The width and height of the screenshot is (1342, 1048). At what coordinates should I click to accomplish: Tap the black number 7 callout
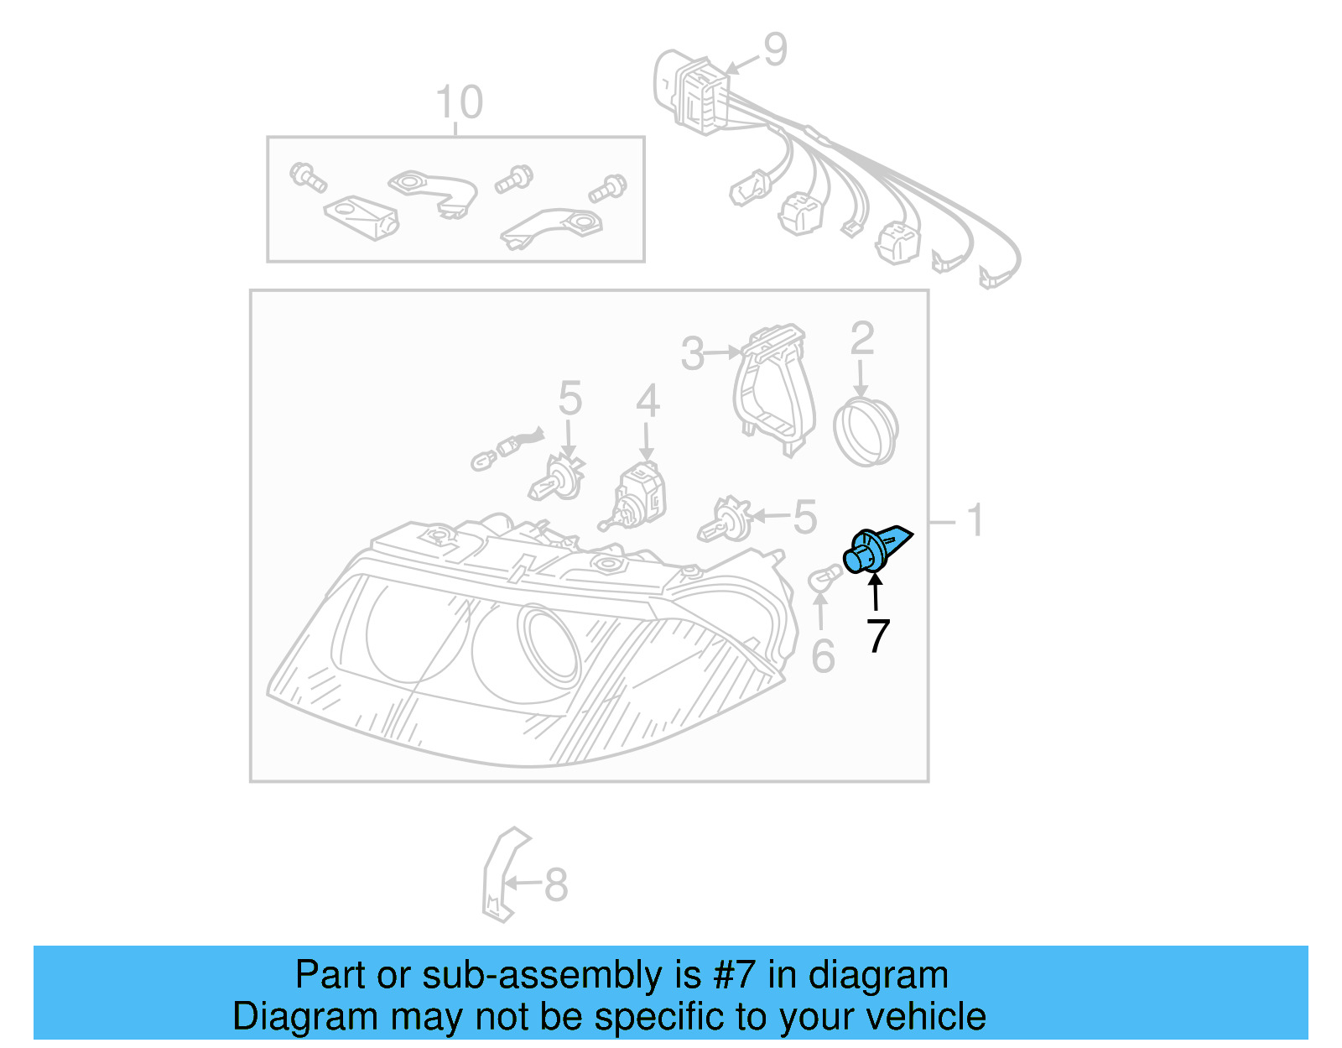click(x=877, y=636)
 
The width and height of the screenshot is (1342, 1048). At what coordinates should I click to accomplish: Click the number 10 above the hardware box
click(x=459, y=103)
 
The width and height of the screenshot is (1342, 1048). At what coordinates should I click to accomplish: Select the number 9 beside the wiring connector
click(x=775, y=50)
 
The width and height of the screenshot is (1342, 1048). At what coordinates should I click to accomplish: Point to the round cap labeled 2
click(x=866, y=431)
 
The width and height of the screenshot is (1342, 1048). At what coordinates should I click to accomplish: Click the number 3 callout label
click(x=693, y=354)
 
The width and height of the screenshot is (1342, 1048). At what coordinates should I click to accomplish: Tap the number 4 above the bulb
click(x=647, y=402)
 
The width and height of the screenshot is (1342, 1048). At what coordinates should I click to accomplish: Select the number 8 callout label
click(x=556, y=884)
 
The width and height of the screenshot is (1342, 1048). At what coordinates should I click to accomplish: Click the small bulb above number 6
click(x=822, y=579)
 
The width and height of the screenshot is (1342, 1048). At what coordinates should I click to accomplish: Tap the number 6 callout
click(x=823, y=656)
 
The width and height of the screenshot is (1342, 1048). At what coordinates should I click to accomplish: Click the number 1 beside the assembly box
click(x=975, y=521)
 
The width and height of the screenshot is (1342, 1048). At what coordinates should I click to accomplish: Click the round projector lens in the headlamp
click(x=549, y=643)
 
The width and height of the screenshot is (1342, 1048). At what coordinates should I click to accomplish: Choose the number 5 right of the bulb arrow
click(x=804, y=517)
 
